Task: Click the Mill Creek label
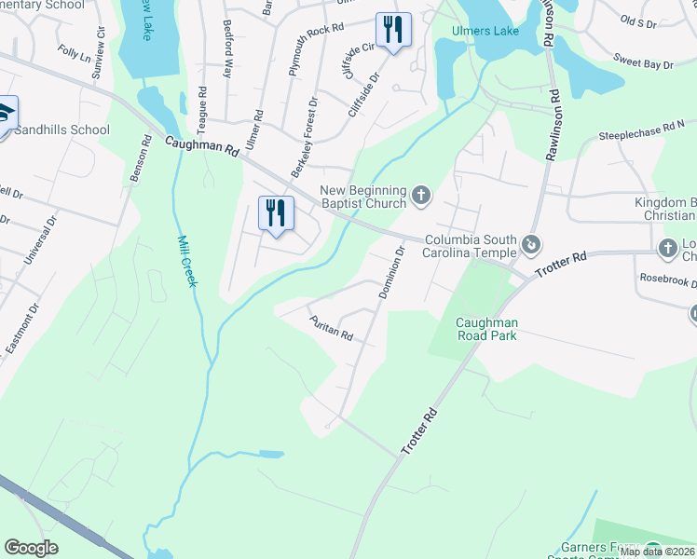pyautogui.click(x=187, y=260)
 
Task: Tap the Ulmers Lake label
pyautogui.click(x=485, y=31)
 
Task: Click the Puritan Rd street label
pyautogui.click(x=332, y=328)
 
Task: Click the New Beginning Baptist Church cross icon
pyautogui.click(x=421, y=196)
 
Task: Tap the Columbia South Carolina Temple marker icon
pyautogui.click(x=531, y=245)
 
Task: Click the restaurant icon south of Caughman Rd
pyautogui.click(x=274, y=213)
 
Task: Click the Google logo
pyautogui.click(x=32, y=548)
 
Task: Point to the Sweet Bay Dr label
pyautogui.click(x=643, y=63)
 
